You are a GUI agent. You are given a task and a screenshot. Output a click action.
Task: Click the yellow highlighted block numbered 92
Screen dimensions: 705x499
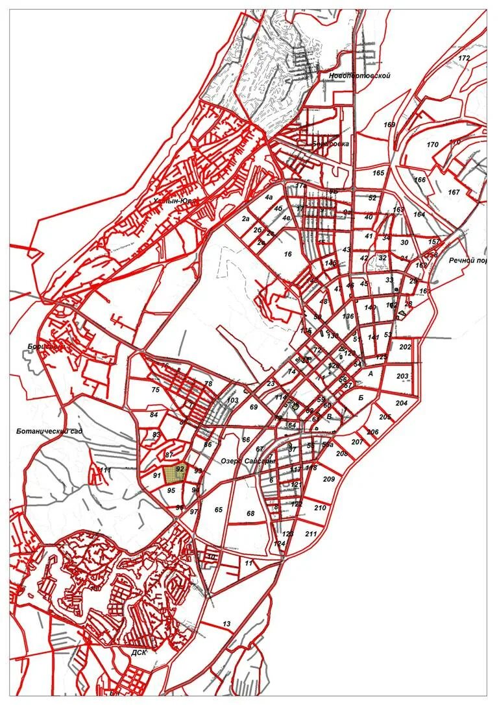click(x=174, y=474)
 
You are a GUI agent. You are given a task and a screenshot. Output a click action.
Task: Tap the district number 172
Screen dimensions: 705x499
click(x=464, y=58)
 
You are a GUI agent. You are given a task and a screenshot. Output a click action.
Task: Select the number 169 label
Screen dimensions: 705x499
click(x=389, y=125)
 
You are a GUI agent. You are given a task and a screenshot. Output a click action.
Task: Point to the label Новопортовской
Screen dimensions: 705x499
click(x=359, y=76)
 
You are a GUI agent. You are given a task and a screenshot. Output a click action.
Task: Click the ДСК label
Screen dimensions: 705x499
click(x=139, y=652)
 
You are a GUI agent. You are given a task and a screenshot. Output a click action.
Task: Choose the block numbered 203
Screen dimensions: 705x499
click(x=402, y=376)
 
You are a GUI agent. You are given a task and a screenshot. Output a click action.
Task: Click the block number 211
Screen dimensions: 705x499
click(x=311, y=534)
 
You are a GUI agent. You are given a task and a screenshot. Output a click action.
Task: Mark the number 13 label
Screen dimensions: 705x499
click(x=226, y=624)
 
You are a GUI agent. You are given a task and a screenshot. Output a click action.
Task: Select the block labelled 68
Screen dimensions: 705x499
click(x=250, y=514)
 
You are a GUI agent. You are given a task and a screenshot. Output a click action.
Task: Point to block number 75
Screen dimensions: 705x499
click(x=155, y=390)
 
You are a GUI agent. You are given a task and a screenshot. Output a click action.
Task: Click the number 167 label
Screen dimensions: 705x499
click(x=454, y=193)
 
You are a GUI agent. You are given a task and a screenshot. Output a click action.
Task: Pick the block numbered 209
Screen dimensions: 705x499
click(x=328, y=479)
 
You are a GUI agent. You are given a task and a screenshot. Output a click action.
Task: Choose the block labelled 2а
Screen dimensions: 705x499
click(x=246, y=219)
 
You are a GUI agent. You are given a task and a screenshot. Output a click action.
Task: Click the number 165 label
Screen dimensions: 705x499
click(x=379, y=173)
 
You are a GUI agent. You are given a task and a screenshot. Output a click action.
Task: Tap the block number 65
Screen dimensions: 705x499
click(x=219, y=510)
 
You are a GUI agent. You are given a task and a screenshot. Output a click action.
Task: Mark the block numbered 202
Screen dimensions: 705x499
click(x=406, y=347)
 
